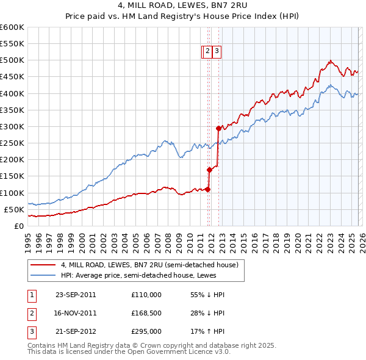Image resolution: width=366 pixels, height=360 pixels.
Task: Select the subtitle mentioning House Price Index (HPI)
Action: (x=182, y=18)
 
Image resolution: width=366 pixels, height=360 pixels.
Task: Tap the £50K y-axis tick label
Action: (x=14, y=209)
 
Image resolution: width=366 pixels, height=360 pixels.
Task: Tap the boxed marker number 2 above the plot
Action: (x=207, y=52)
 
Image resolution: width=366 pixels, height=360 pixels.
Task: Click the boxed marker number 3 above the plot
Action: (x=217, y=52)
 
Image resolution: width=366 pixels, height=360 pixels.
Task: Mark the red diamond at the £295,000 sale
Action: (x=218, y=128)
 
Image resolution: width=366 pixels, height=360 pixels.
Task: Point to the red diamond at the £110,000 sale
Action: (x=207, y=189)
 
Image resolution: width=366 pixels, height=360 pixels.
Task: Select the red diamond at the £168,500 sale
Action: (x=209, y=170)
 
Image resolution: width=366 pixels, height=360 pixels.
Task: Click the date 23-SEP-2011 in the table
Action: (x=75, y=294)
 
